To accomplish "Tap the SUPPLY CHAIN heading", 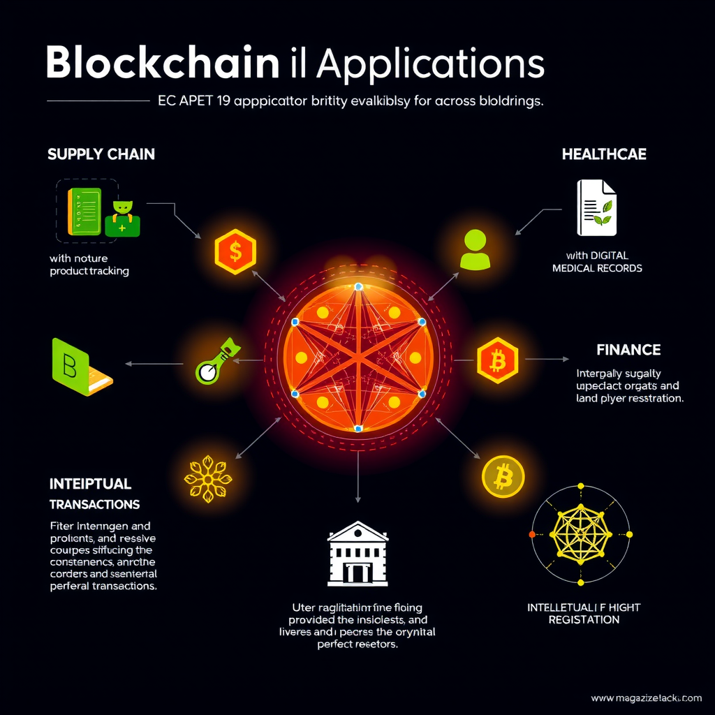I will click(x=101, y=154).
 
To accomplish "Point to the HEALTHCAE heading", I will click(x=604, y=154).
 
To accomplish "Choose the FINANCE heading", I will click(x=628, y=349).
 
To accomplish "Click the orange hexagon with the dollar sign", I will click(x=235, y=251).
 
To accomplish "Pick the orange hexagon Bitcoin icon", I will click(x=497, y=361).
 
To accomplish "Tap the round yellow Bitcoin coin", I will click(x=503, y=478).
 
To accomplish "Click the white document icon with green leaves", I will click(x=596, y=207).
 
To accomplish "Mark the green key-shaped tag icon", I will click(x=216, y=361).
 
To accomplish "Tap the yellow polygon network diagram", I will click(x=581, y=533).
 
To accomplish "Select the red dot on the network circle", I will click(x=532, y=533).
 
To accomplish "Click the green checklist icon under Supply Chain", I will click(x=83, y=210).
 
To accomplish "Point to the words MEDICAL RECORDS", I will click(x=597, y=268).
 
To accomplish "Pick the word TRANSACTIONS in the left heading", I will click(x=94, y=504).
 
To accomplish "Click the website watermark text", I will click(x=647, y=698).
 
